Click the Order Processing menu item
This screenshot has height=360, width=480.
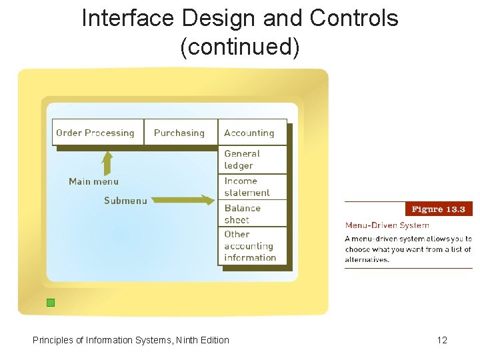coord(95,133)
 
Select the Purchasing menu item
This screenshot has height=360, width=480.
coord(179,133)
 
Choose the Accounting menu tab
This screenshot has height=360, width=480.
coord(249,133)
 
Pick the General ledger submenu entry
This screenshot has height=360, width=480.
coord(243,159)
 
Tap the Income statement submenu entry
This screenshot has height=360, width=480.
coord(247,187)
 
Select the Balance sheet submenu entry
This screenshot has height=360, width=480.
coord(243,213)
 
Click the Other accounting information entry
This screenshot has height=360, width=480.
coord(250,246)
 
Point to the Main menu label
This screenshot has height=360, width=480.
coord(94,181)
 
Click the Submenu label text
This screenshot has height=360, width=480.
coord(125,201)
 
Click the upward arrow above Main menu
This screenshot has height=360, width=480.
coord(107,162)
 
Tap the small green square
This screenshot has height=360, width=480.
coord(51,303)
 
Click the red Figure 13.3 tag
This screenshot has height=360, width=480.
coord(439,209)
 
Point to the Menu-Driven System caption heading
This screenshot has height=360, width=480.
coord(387,225)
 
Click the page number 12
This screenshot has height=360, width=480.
coord(442,340)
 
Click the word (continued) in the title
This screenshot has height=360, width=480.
coord(240,47)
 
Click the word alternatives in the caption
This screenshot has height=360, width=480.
coord(367,260)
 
